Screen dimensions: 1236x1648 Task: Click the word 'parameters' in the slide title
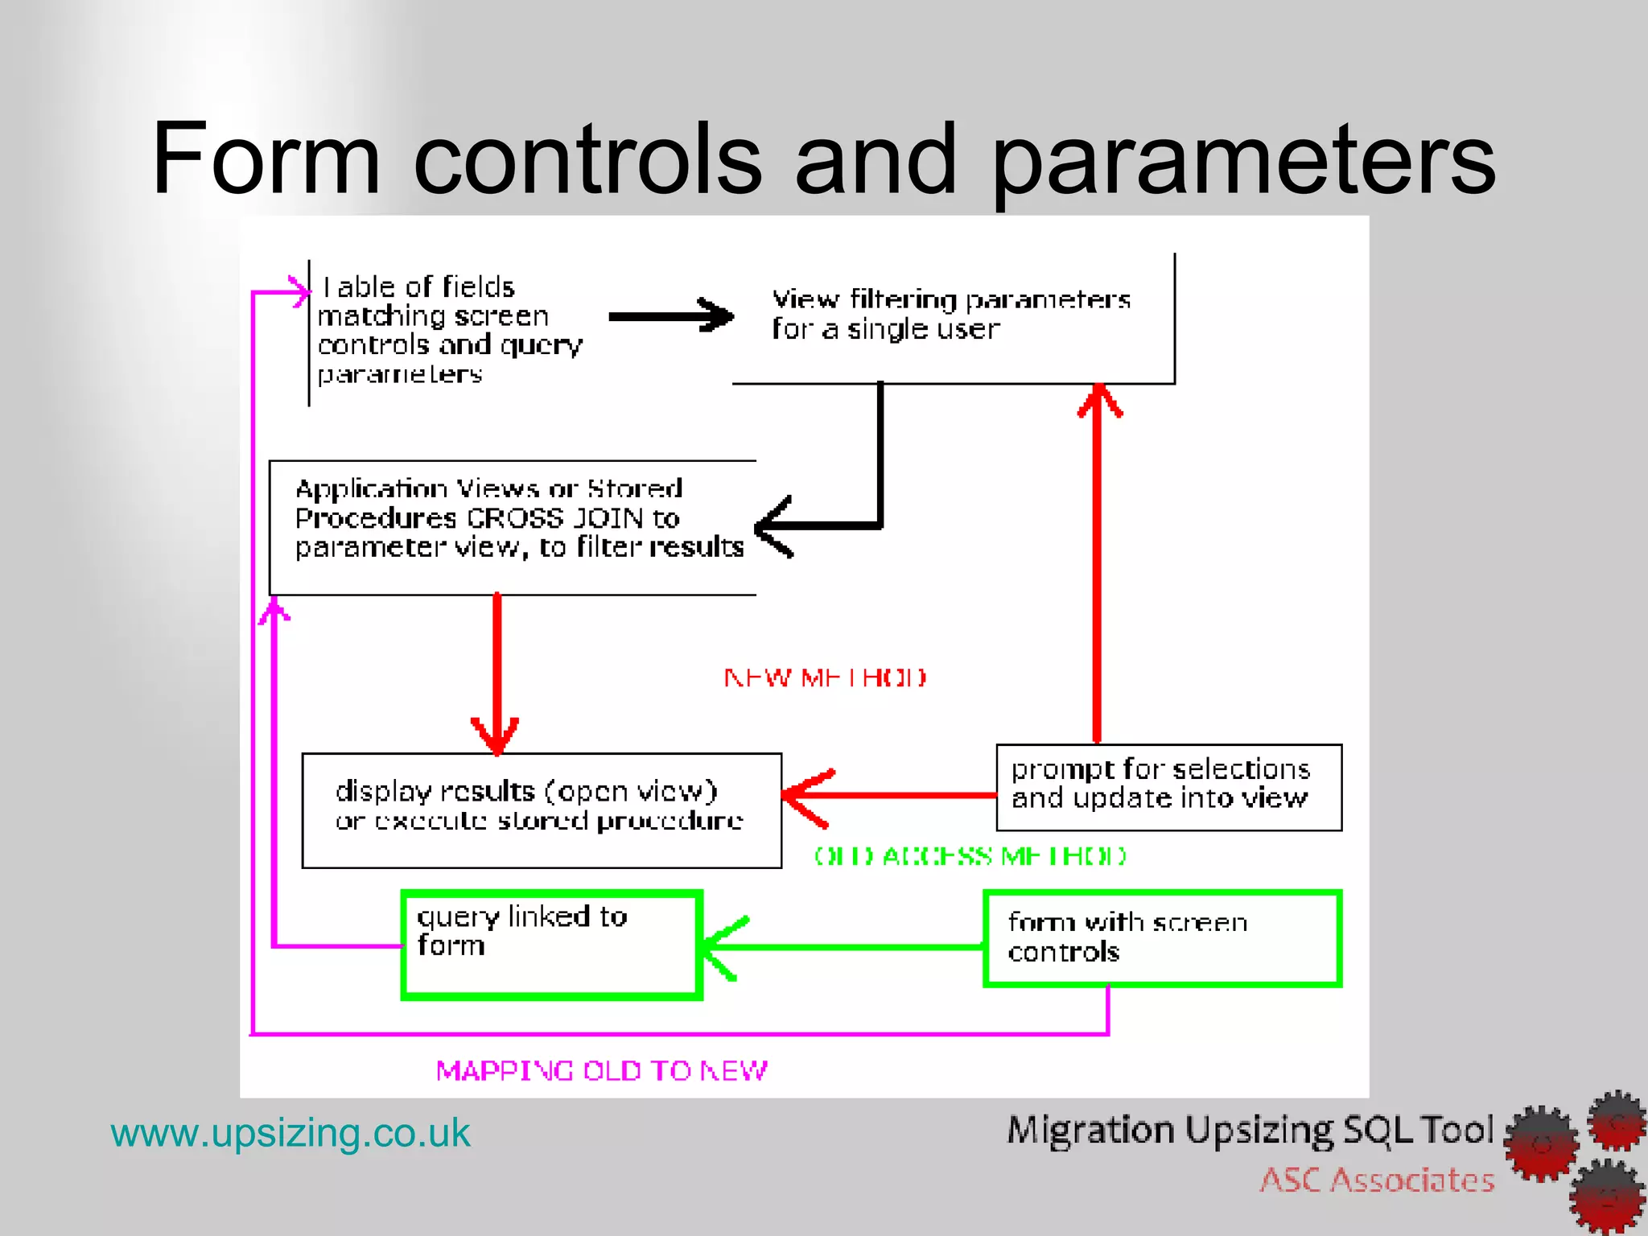1243,161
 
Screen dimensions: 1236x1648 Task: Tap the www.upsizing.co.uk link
290,1133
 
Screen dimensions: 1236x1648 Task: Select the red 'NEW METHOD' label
825,678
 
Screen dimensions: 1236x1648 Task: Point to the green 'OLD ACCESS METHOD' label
970,855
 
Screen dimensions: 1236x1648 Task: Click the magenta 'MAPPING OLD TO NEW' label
602,1070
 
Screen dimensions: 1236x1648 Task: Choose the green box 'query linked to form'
552,945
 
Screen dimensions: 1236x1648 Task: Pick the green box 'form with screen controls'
1162,938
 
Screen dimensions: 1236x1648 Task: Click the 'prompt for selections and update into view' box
1168,787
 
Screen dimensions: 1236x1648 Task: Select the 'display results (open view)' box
541,810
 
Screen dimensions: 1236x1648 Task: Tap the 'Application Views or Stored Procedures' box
513,527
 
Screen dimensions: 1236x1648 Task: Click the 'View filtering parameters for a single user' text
950,314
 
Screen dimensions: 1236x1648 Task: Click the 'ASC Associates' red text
1377,1180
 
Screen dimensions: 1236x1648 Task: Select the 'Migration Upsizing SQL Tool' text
1250,1131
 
